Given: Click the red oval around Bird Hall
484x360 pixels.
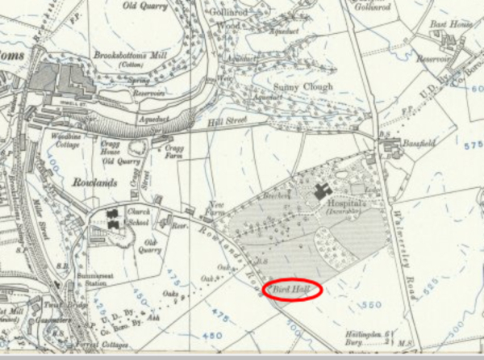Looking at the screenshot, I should pos(293,290).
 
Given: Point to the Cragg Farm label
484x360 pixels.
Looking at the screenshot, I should pos(174,153).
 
